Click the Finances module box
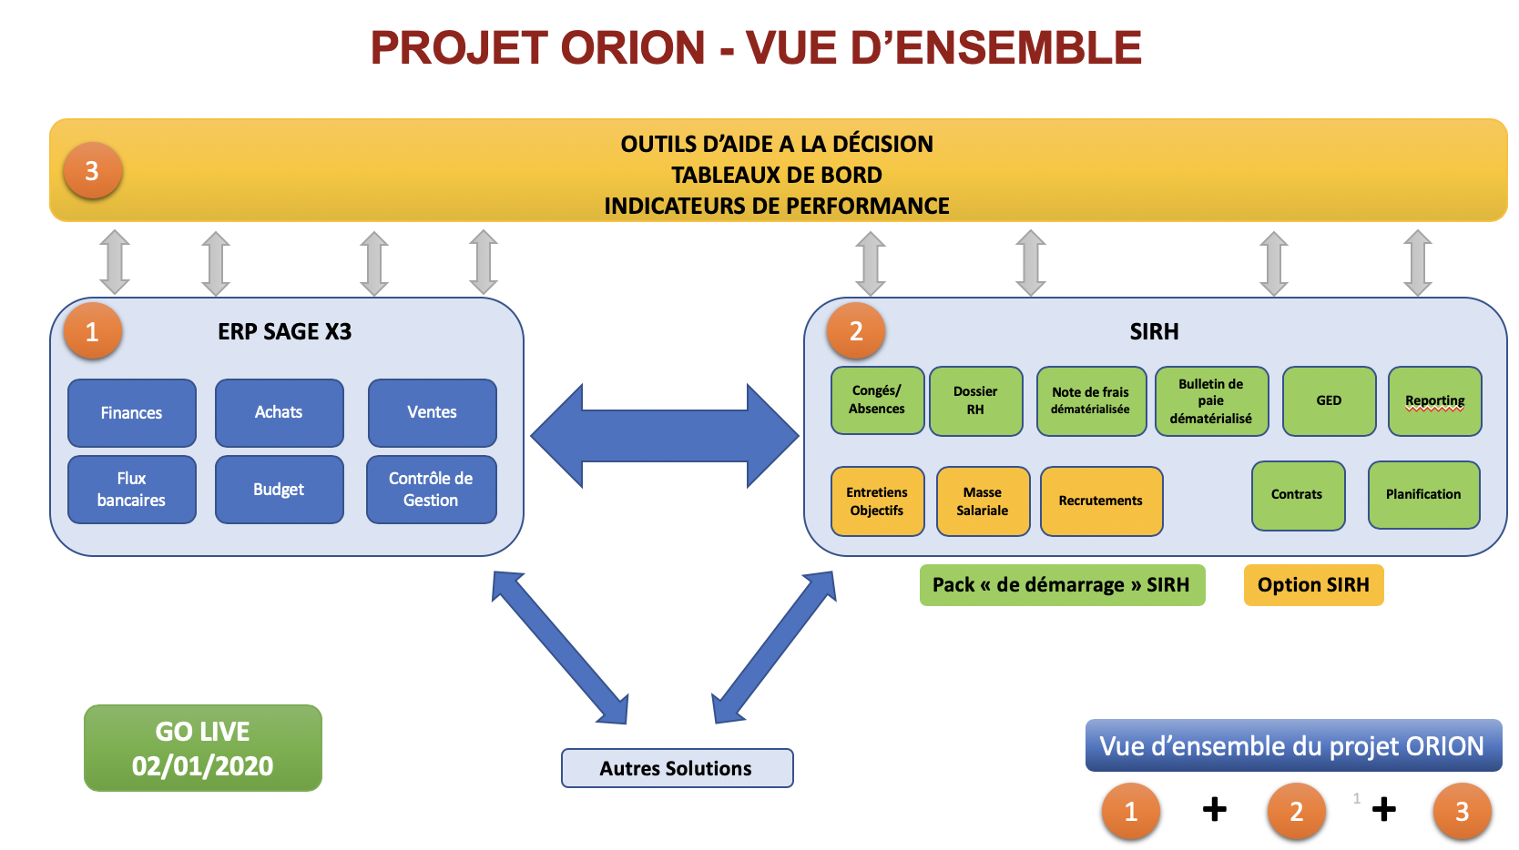[131, 413]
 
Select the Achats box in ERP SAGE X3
[280, 413]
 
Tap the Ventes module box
[432, 413]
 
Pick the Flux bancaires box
[131, 490]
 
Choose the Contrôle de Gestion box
[432, 490]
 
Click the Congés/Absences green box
[878, 400]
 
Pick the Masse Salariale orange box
[984, 501]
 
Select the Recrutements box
[1101, 501]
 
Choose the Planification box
[1424, 495]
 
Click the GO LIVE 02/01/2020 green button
[203, 748]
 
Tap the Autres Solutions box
[677, 768]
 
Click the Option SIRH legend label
[1313, 585]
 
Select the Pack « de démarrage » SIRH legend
[1062, 585]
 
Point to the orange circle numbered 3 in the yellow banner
[92, 171]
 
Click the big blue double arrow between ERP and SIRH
[665, 436]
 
